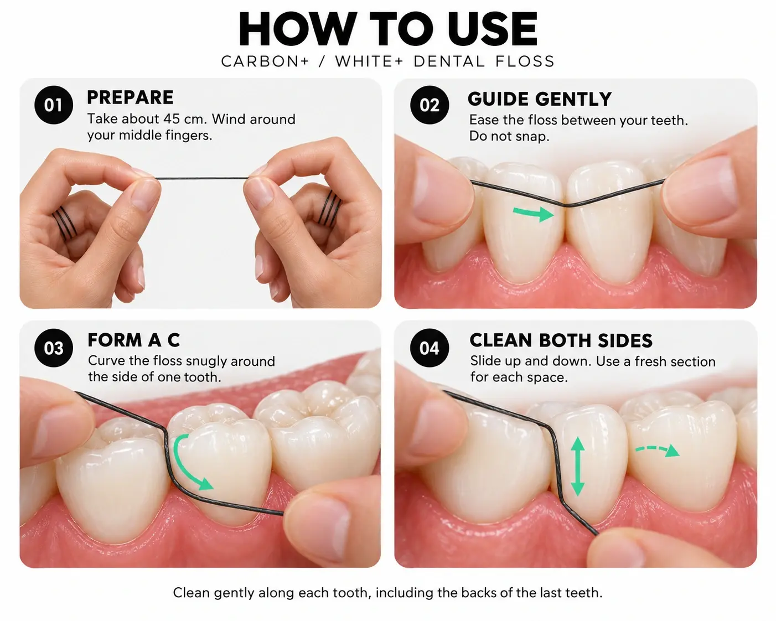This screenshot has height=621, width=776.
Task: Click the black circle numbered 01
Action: (54, 105)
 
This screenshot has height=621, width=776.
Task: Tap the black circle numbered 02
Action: (430, 105)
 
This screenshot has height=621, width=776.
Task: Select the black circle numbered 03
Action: (54, 348)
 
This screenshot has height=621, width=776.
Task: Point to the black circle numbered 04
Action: (430, 348)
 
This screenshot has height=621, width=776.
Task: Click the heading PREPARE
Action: (130, 97)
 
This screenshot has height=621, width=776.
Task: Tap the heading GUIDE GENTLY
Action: (540, 99)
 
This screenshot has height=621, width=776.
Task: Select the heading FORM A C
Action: (133, 340)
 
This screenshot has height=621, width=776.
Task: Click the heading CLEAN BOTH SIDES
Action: (561, 340)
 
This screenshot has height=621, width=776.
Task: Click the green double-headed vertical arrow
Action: (578, 466)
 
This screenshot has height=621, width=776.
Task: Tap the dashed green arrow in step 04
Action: (657, 449)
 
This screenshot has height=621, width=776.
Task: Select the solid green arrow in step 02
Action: (534, 213)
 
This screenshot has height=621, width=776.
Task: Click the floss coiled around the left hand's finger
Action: (65, 224)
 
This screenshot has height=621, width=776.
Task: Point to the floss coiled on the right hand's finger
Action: (330, 209)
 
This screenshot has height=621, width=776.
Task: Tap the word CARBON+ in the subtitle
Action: (265, 61)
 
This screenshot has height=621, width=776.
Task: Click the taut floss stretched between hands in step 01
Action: (202, 178)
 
